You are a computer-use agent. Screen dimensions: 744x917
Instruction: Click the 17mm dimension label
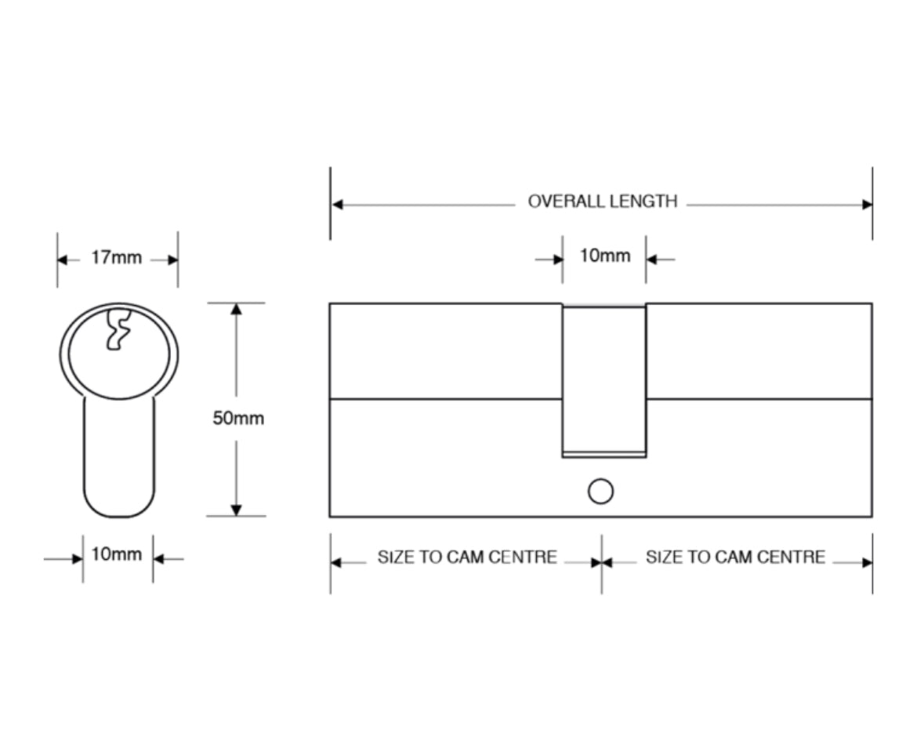click(x=117, y=258)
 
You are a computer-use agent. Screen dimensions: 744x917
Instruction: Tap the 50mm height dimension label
click(x=238, y=418)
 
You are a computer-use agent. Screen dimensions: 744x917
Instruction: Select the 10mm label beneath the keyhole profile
click(x=117, y=555)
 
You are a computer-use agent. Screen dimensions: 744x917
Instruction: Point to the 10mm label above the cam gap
click(x=604, y=256)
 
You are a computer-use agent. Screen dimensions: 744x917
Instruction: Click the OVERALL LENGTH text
click(x=602, y=201)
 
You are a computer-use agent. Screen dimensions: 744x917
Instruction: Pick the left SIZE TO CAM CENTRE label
click(x=467, y=557)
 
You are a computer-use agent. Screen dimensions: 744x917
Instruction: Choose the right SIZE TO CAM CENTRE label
click(x=735, y=557)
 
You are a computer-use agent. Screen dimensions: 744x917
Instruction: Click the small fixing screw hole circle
click(x=600, y=492)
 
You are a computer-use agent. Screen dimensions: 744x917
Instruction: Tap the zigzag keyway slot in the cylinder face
click(x=118, y=330)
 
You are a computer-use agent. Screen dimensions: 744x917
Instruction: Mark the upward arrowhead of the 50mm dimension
click(x=237, y=310)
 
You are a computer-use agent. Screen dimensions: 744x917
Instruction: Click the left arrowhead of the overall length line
click(x=338, y=205)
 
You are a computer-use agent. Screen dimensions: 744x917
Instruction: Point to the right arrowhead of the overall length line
click(x=866, y=205)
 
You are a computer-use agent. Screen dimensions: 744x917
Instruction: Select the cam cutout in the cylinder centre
click(x=603, y=379)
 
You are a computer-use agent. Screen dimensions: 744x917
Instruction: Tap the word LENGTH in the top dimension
click(x=644, y=201)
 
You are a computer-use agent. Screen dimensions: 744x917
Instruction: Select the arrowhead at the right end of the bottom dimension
click(x=866, y=562)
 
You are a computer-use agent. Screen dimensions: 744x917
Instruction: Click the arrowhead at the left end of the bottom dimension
click(x=337, y=562)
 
